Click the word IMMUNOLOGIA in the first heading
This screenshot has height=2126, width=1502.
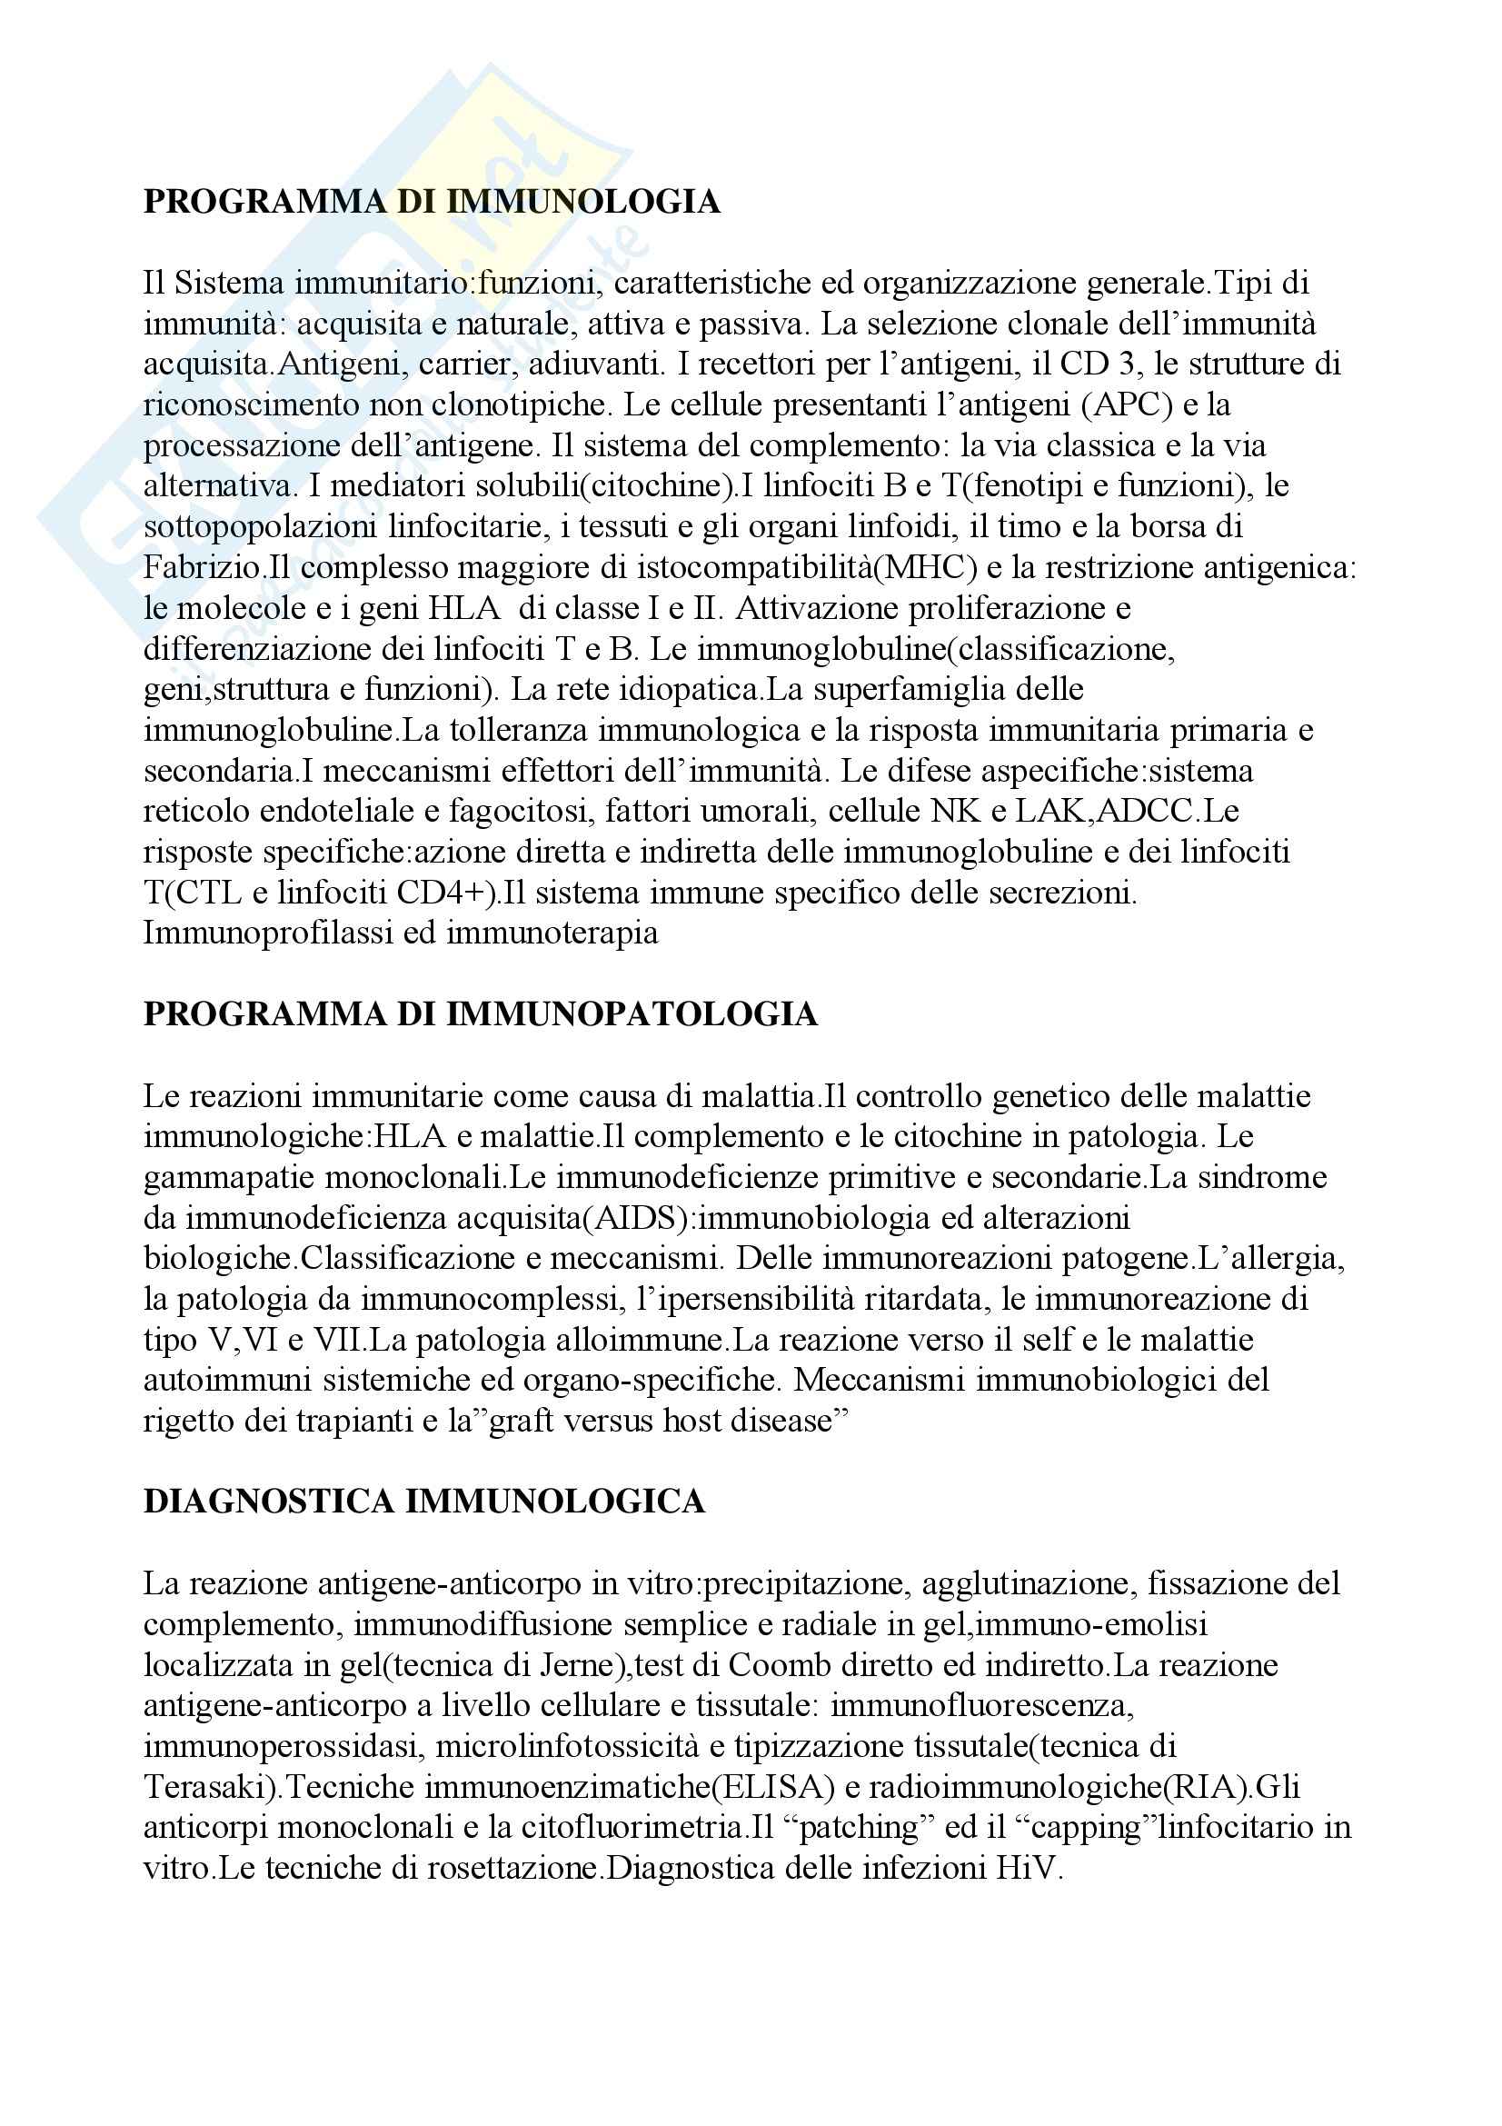click(583, 202)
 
